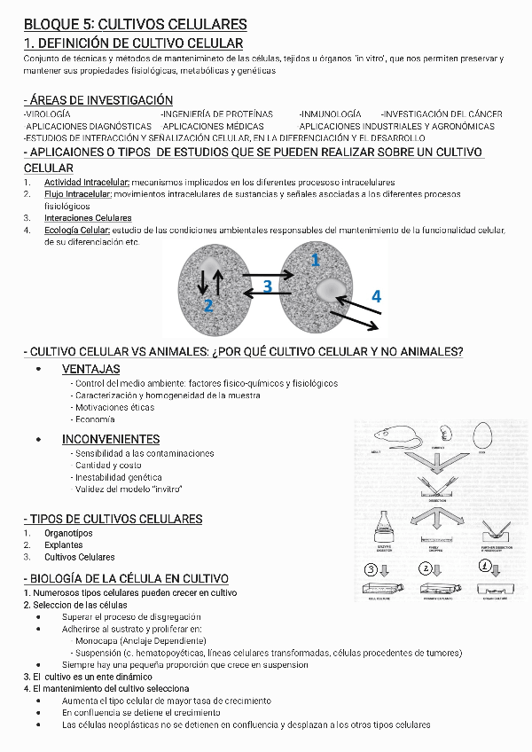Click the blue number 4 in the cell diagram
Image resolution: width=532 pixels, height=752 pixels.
click(x=376, y=296)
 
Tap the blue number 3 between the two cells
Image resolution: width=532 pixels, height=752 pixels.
click(x=268, y=286)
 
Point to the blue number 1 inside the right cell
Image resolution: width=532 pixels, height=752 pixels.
click(x=314, y=260)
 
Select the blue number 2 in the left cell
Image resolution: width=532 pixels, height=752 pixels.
click(x=208, y=306)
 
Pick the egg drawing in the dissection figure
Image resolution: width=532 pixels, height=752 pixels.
click(x=482, y=435)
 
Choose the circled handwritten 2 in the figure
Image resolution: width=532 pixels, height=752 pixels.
click(x=427, y=568)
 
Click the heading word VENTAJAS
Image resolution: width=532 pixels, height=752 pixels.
click(x=91, y=369)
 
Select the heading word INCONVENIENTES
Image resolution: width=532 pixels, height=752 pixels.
click(x=111, y=439)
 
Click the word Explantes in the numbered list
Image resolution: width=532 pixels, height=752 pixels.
click(x=63, y=545)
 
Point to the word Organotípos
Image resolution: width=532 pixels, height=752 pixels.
click(x=68, y=533)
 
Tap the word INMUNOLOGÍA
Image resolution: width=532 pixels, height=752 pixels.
click(x=331, y=114)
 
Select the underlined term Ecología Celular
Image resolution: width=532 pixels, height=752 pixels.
click(x=77, y=231)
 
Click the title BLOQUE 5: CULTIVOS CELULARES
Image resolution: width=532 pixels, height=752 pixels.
click(x=136, y=24)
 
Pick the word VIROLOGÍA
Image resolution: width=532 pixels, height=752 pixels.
click(x=49, y=114)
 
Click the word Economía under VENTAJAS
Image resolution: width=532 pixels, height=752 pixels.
click(x=95, y=419)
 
